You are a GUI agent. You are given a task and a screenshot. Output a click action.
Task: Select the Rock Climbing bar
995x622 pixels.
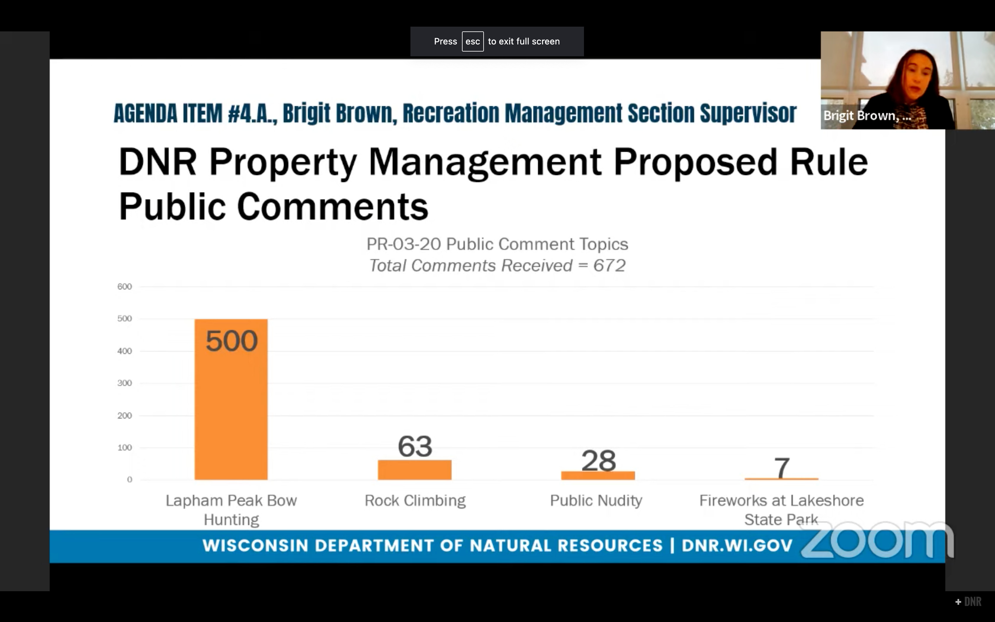(x=415, y=470)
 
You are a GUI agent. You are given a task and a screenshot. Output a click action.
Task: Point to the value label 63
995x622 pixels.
(x=415, y=446)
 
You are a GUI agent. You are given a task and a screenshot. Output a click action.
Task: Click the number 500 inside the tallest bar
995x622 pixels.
(x=232, y=341)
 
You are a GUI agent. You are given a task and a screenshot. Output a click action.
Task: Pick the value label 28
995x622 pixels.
(x=599, y=461)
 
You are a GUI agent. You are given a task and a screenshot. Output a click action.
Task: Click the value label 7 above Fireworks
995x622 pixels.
(x=781, y=467)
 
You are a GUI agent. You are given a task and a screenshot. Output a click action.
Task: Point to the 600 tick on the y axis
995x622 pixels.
(x=125, y=287)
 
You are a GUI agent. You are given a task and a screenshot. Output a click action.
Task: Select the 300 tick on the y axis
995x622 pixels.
(x=125, y=383)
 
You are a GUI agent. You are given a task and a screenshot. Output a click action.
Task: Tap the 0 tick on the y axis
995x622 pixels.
(x=129, y=480)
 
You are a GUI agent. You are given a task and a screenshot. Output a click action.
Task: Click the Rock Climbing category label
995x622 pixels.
(x=415, y=501)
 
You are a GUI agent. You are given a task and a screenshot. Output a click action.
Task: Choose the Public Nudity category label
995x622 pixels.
(x=596, y=501)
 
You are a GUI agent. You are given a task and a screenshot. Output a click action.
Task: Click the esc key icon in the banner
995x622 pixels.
(x=472, y=41)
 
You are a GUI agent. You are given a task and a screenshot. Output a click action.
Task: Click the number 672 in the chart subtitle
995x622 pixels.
(x=609, y=266)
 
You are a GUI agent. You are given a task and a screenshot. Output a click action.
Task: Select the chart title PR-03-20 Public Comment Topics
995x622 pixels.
(x=497, y=244)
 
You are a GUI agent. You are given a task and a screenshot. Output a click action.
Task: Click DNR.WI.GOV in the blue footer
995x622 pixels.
(x=737, y=546)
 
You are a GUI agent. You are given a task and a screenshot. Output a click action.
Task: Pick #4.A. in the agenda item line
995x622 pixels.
(x=252, y=113)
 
